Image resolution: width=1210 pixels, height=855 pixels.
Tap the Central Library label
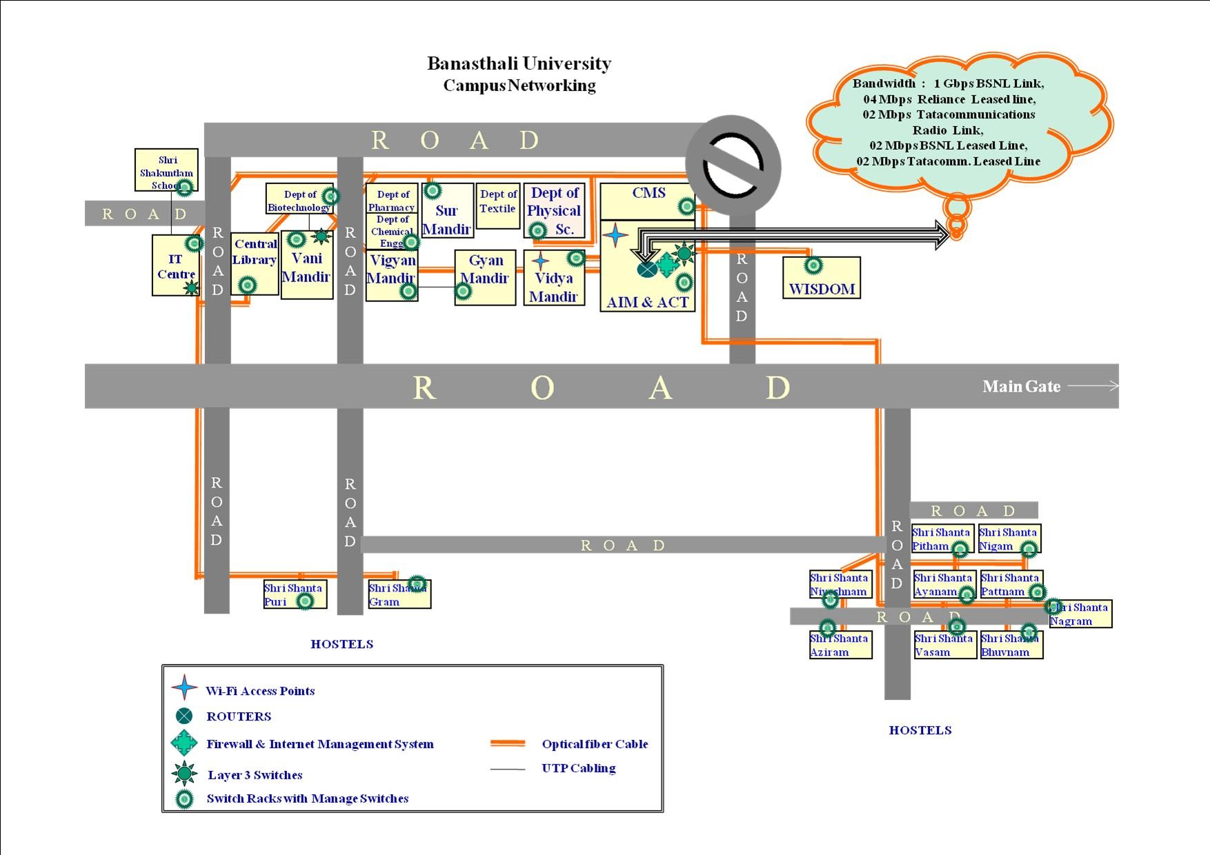point(255,252)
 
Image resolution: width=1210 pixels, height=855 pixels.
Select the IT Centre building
point(175,266)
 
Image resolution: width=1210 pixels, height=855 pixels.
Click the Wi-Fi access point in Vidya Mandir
point(541,261)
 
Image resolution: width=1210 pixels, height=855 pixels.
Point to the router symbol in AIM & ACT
point(647,269)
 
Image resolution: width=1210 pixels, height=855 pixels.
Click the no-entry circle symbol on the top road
point(733,163)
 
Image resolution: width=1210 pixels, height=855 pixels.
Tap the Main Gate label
point(1021,387)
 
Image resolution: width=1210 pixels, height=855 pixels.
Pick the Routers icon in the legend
point(184,716)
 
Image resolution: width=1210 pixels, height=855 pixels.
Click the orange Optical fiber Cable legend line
point(508,744)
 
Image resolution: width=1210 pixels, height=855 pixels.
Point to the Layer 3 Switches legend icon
point(184,774)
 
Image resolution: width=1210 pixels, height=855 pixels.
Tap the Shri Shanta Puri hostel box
point(295,594)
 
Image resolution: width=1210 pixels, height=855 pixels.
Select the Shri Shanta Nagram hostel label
point(1080,614)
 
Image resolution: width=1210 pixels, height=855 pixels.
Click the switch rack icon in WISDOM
point(813,265)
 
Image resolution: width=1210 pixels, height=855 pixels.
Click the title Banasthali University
point(519,63)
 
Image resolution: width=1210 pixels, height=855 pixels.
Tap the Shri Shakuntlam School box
point(166,170)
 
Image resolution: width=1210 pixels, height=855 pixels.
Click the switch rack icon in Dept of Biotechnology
point(330,197)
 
